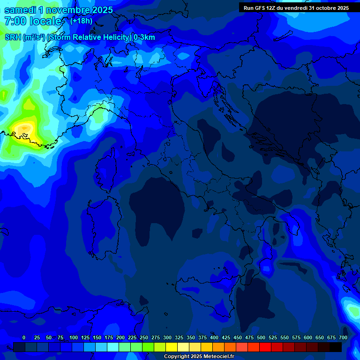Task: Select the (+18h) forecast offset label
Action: (81, 21)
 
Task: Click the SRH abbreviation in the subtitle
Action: (13, 37)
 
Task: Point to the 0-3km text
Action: (144, 37)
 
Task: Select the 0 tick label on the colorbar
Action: (24, 337)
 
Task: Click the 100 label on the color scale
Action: (74, 337)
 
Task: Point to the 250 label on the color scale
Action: (144, 337)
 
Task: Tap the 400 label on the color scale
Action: (214, 337)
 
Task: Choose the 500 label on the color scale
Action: (261, 337)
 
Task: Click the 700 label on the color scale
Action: (343, 337)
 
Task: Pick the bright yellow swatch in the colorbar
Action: (172, 347)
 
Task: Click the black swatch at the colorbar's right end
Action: (336, 347)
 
